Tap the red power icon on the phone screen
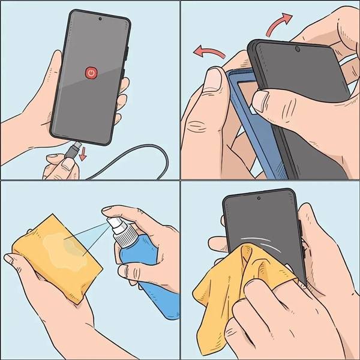91,73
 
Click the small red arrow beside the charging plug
82,154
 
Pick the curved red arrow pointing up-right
277,25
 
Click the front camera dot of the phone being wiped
259,198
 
